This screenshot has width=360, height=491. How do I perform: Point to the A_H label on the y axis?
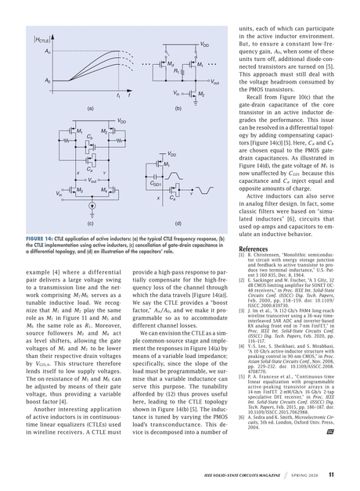point(26,50)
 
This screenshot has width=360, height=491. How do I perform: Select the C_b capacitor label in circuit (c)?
point(69,135)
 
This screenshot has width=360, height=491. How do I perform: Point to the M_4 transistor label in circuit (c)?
point(104,189)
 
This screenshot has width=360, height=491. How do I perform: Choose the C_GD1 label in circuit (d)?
point(157,185)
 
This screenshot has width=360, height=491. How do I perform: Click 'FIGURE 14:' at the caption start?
point(39,235)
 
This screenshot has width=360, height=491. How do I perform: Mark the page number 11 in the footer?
point(331,475)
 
